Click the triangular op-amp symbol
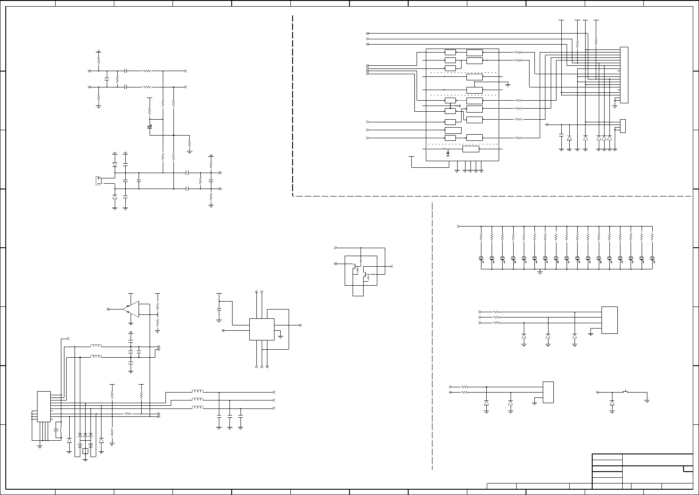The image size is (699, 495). pos(132,309)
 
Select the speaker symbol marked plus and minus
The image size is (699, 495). pos(98,181)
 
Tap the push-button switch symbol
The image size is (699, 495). pos(625,392)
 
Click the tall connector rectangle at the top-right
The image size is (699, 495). pos(624,75)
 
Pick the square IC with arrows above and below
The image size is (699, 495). pos(262,329)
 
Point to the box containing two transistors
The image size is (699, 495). pos(361,270)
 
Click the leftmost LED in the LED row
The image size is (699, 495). pos(481,258)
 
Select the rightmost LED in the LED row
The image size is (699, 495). pos(652,258)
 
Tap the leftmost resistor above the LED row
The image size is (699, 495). pos(481,237)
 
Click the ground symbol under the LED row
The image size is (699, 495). pos(540,272)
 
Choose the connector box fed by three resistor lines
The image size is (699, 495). pos(609,320)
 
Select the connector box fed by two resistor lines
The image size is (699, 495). pos(548,392)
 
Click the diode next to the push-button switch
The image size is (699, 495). pos(612,403)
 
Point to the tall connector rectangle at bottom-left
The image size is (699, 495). pos(44,406)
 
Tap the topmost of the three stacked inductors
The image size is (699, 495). pos(197,392)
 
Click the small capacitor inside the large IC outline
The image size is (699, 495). pos(447,154)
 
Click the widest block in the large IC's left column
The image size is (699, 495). pos(453,130)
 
